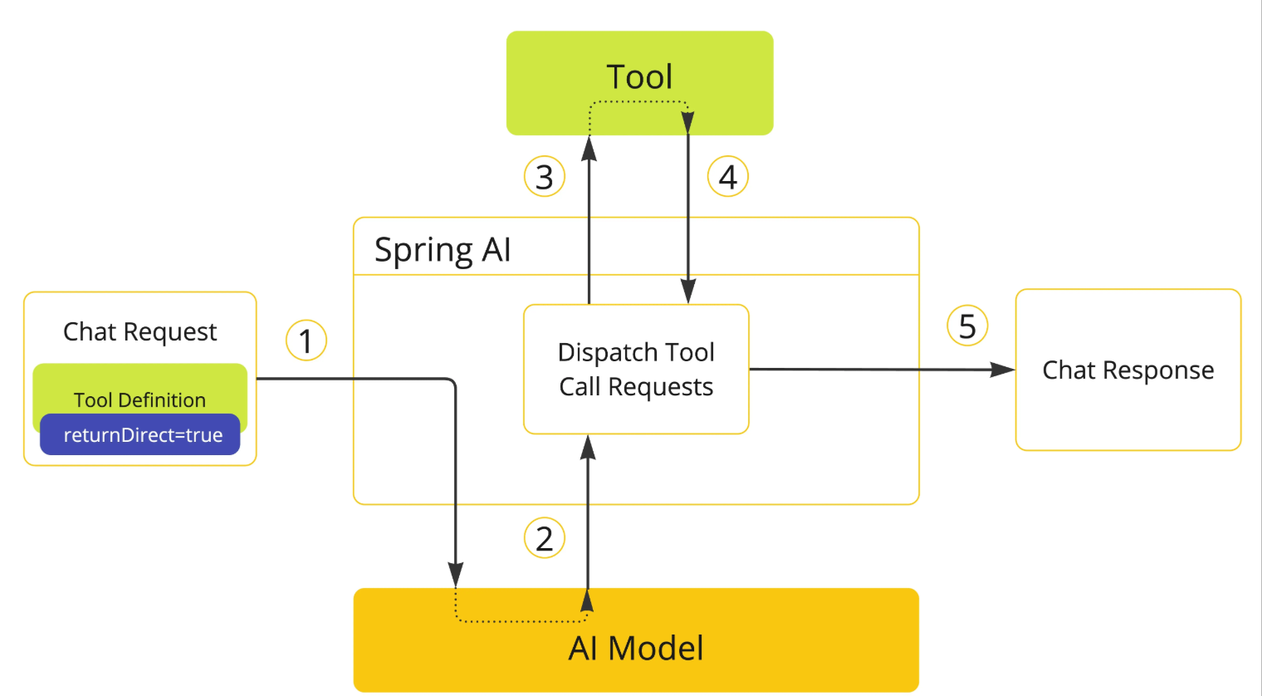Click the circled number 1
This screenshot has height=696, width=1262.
tap(306, 341)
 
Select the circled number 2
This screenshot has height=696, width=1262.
tap(545, 538)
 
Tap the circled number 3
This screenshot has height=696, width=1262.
tap(545, 176)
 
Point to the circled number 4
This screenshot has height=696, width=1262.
tap(728, 176)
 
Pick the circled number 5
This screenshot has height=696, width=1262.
tap(967, 326)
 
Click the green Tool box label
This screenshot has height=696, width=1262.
tap(639, 76)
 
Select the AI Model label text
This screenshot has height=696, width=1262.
tap(636, 648)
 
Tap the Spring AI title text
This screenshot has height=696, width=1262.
tap(443, 250)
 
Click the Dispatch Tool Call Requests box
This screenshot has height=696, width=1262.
tap(636, 369)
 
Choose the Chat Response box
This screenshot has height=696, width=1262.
tap(1127, 370)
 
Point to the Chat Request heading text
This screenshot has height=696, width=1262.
tap(139, 331)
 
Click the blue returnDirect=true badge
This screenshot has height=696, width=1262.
tap(139, 434)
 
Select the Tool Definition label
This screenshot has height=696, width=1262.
tap(139, 400)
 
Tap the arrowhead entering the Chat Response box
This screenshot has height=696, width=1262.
tap(1003, 370)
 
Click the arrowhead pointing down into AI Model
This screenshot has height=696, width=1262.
tap(455, 575)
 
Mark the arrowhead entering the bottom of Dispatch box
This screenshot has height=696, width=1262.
tap(588, 448)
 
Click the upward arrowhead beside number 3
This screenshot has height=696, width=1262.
tap(589, 148)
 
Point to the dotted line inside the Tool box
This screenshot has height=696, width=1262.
tap(638, 102)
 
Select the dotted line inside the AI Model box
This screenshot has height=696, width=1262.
tap(521, 621)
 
